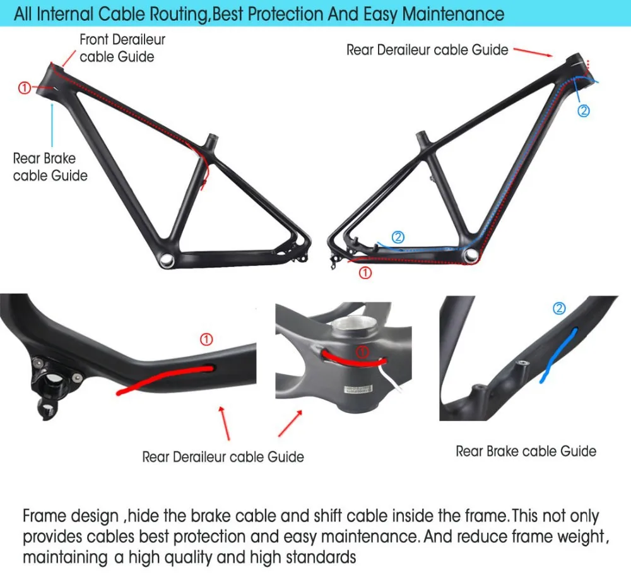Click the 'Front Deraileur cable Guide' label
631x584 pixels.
pyautogui.click(x=122, y=48)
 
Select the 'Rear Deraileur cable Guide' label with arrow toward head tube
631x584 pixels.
pyautogui.click(x=427, y=50)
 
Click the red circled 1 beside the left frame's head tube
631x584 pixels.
pyautogui.click(x=24, y=88)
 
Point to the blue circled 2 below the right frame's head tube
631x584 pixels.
pyautogui.click(x=584, y=111)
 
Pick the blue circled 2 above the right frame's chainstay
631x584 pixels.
pyautogui.click(x=398, y=237)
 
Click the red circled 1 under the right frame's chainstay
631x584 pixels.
pyautogui.click(x=365, y=273)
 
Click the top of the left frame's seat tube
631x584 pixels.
pyautogui.click(x=212, y=136)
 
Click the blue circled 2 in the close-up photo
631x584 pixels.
pyautogui.click(x=559, y=309)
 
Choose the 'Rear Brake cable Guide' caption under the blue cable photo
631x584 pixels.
pyautogui.click(x=526, y=451)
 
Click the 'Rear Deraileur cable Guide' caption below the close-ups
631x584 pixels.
pyautogui.click(x=223, y=456)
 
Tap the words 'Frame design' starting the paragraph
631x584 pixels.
pyautogui.click(x=70, y=516)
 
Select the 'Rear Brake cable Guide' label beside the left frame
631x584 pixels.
pyautogui.click(x=50, y=167)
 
